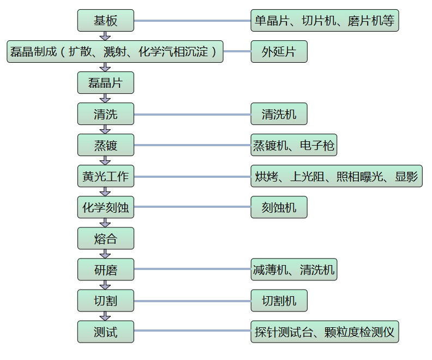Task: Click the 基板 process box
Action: [105, 21]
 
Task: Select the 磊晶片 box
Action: [105, 83]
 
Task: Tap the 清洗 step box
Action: [105, 114]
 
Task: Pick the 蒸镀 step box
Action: [105, 145]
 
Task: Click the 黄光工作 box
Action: [105, 176]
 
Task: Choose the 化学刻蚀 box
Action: [105, 207]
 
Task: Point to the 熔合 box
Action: [105, 238]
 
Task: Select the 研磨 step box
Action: [105, 269]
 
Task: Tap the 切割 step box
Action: [105, 301]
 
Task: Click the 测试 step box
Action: [105, 332]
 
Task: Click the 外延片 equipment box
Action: [279, 52]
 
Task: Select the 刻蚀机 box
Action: [279, 207]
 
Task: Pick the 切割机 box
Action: [279, 301]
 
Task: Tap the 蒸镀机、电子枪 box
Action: [293, 145]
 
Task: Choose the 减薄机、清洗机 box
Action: [293, 269]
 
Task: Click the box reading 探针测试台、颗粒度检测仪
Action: [325, 332]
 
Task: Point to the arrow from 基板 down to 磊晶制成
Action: [105, 36]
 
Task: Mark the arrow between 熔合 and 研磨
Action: [105, 254]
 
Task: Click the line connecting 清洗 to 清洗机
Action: [192, 115]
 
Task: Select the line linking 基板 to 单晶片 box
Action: [192, 21]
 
